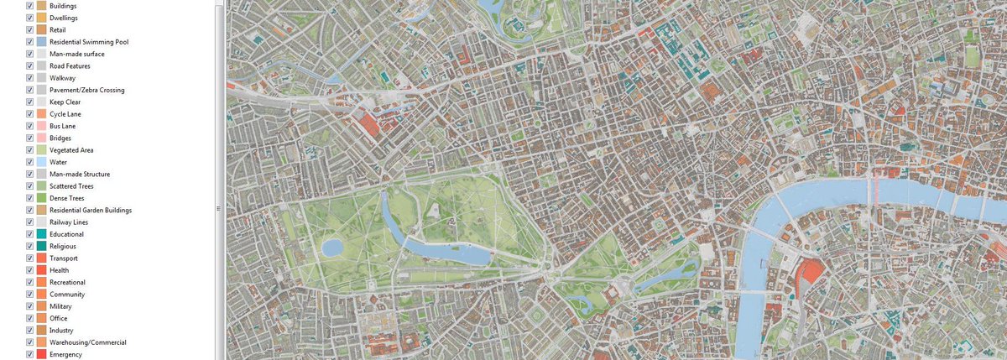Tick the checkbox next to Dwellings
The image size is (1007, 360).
pos(30,18)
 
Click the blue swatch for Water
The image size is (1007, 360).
pos(41,162)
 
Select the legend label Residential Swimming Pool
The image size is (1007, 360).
pos(89,42)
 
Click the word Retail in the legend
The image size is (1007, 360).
pos(58,29)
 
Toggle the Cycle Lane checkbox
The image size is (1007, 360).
pos(30,114)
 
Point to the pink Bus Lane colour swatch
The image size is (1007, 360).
pos(41,126)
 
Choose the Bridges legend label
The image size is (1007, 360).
pos(60,138)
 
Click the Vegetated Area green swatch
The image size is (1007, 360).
pos(41,150)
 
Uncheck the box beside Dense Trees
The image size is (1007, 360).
pos(30,198)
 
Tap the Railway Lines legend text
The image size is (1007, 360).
pos(69,222)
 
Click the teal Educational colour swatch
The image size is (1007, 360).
pos(41,234)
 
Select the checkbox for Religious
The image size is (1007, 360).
pos(30,247)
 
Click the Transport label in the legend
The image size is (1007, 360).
pos(65,258)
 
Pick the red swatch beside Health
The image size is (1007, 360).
pos(41,270)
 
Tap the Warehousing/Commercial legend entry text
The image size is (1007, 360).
pos(88,342)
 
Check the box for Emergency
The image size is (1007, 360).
pos(30,355)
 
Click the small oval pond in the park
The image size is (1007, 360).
pos(331,248)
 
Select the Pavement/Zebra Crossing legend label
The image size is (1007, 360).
pos(87,90)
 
